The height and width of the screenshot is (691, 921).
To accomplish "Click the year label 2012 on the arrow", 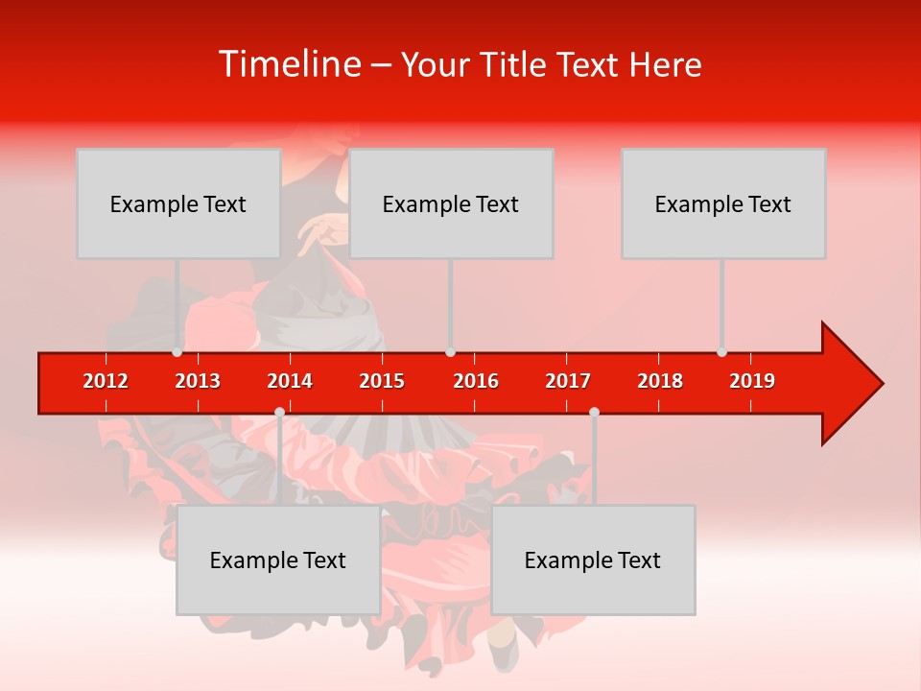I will point(106,381).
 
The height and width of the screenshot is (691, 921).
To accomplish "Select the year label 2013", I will point(198,381).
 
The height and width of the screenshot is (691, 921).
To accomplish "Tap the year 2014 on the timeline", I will point(290,381).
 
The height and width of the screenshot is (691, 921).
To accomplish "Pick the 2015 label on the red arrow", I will point(382,381).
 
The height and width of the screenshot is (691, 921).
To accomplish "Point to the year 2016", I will point(476,381).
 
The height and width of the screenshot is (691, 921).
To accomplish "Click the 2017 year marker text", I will point(568,381).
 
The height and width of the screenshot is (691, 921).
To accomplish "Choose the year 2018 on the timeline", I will point(660,381).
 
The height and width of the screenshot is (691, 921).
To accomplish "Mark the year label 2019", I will point(752,381).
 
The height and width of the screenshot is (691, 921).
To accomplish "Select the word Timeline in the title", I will point(288,64).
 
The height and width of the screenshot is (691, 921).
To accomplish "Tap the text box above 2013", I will point(178,203).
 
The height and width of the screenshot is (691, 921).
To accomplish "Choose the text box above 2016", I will point(451,203).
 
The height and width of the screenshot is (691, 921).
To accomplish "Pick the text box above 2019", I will point(723,203).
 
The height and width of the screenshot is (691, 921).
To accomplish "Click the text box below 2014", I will point(278,560).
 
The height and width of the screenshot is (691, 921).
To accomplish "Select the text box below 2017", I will point(593,560).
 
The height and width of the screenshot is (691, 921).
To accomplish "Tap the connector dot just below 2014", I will point(279,412).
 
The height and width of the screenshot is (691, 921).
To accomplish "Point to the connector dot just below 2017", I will point(594,412).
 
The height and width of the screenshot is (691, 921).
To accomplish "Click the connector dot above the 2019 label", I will point(721,351).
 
